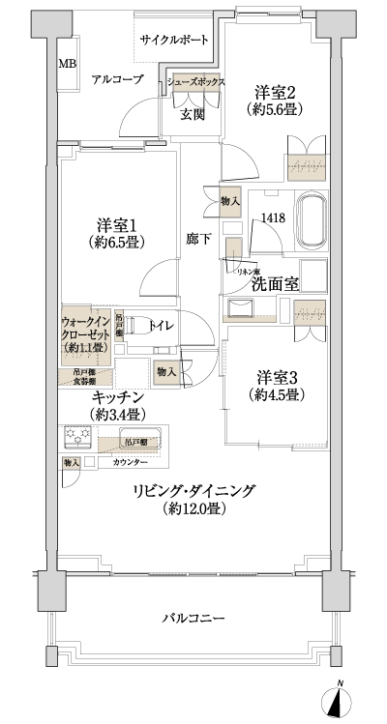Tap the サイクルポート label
(x=174, y=41)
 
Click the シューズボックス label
(x=196, y=83)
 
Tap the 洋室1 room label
(x=115, y=219)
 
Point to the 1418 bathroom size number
(x=272, y=218)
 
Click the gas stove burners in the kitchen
(x=78, y=438)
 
